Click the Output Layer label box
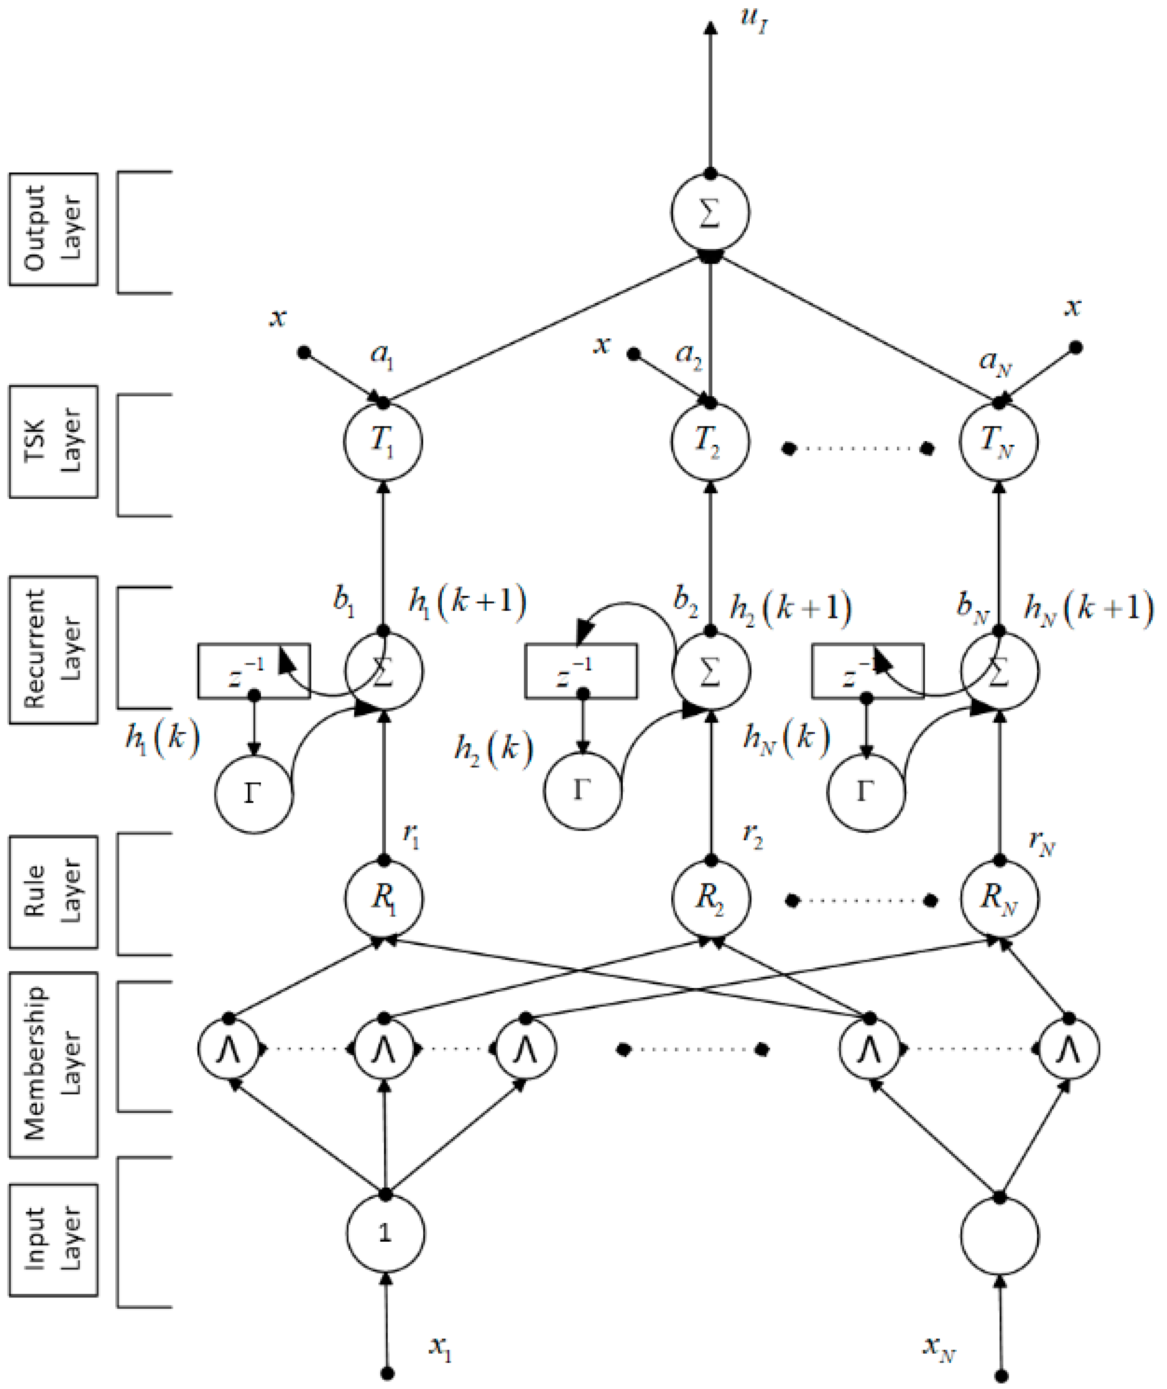tap(54, 229)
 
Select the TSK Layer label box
tap(54, 441)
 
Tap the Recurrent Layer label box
tap(54, 650)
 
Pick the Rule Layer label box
tap(54, 892)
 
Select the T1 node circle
tap(383, 441)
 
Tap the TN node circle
tap(999, 441)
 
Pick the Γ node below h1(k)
tap(253, 794)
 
